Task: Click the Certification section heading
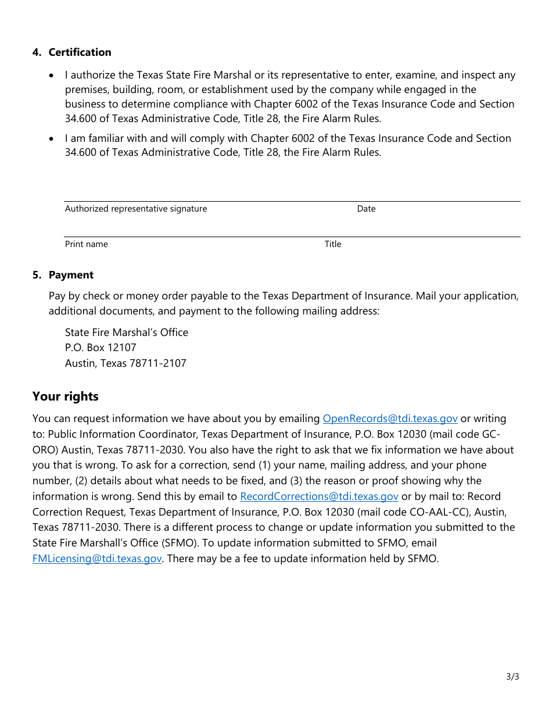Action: tap(80, 52)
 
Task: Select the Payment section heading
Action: tap(71, 275)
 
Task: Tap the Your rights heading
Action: tap(65, 396)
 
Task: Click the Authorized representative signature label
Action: tap(135, 209)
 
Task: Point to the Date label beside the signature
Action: tap(366, 209)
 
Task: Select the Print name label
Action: tap(86, 244)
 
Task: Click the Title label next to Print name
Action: tap(332, 244)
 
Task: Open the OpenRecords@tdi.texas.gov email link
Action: tap(390, 419)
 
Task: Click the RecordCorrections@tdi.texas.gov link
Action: tap(319, 496)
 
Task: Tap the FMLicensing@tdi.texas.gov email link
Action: tap(97, 559)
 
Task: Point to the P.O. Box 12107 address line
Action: tap(101, 348)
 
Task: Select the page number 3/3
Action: tap(512, 677)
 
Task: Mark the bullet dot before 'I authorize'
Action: tap(53, 76)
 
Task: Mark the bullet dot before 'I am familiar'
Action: tap(53, 139)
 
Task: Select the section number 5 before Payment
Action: tap(37, 275)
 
